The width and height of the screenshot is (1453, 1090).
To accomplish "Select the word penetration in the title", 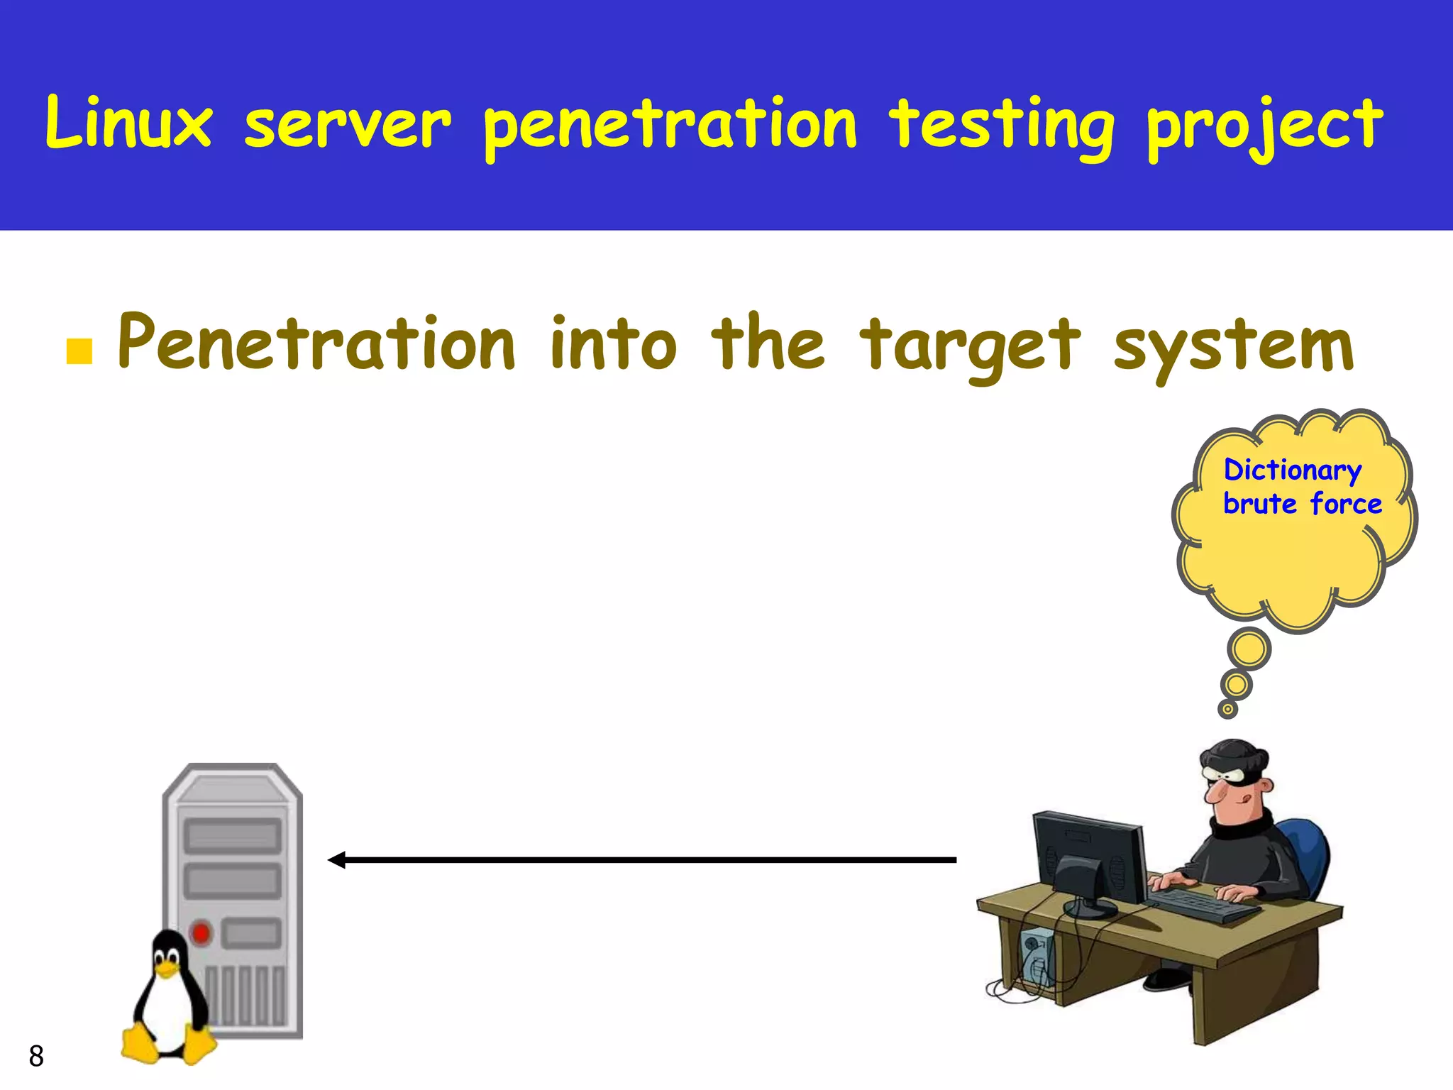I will [670, 128].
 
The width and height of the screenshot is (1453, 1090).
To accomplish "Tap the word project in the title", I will [1264, 128].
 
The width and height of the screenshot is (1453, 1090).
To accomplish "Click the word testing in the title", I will [1002, 128].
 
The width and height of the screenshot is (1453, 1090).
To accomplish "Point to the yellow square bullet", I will [79, 351].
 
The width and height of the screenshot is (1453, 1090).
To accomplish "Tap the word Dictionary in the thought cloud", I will [1293, 470].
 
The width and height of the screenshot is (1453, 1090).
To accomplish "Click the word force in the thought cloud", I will [1346, 504].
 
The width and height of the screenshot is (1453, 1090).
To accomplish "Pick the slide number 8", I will [36, 1056].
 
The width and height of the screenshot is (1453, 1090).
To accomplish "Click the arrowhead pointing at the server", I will [337, 860].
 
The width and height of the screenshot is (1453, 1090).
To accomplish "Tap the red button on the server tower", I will [201, 932].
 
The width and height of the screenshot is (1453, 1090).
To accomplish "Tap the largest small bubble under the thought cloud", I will [1249, 649].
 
